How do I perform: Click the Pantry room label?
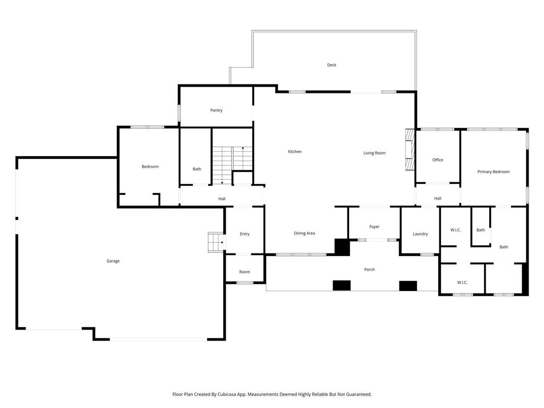click(x=216, y=110)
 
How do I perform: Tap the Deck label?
click(x=331, y=65)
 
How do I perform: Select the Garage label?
click(x=113, y=261)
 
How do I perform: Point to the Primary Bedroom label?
click(x=494, y=172)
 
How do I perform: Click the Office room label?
click(x=438, y=160)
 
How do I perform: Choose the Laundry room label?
click(x=420, y=234)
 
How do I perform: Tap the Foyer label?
click(x=375, y=226)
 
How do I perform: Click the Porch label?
click(x=370, y=269)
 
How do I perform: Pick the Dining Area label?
click(x=304, y=233)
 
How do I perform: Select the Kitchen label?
click(x=295, y=151)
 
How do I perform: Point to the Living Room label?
click(x=375, y=153)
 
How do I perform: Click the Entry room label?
click(x=244, y=234)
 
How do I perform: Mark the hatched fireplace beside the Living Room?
click(x=410, y=149)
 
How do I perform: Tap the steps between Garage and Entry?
click(x=216, y=242)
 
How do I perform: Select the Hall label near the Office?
click(x=438, y=199)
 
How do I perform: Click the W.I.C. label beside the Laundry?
click(x=455, y=230)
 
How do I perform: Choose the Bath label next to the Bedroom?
click(x=197, y=169)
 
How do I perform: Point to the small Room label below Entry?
click(x=244, y=271)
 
